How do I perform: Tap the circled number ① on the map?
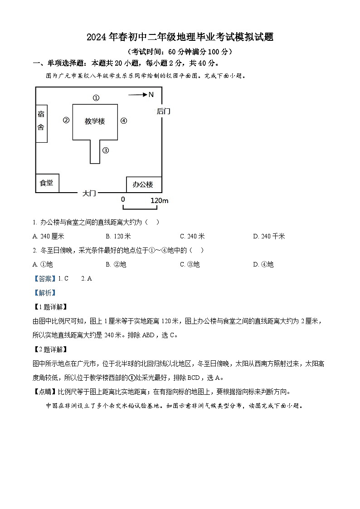click(96, 97)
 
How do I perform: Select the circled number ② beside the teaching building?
click(66, 120)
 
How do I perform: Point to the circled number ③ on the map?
click(105, 150)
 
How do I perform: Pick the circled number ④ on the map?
click(124, 121)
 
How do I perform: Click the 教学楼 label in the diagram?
click(95, 121)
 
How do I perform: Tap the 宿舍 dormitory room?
click(41, 121)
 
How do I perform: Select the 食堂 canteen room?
click(47, 183)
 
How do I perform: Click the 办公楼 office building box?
click(143, 184)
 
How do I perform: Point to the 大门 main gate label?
click(89, 193)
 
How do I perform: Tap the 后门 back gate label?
click(163, 111)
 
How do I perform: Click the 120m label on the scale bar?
click(159, 200)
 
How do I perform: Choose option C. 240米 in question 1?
click(192, 236)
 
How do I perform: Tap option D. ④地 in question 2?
click(263, 264)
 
